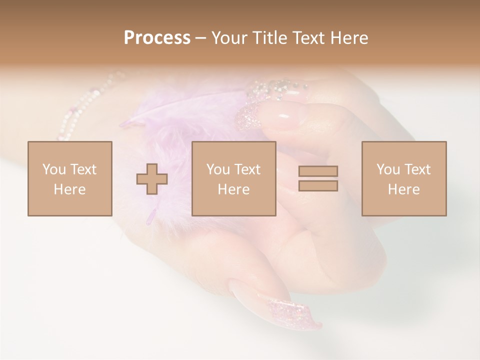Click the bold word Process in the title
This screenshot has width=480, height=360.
[x=157, y=38]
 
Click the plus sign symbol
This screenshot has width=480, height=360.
[x=152, y=179]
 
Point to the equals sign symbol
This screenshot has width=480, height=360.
[x=318, y=178]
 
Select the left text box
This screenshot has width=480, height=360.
[x=70, y=178]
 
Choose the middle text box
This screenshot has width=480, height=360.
[x=233, y=178]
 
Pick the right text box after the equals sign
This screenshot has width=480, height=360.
[x=404, y=178]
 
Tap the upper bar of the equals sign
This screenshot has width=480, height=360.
[x=318, y=171]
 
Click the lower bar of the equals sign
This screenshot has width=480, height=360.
[x=318, y=185]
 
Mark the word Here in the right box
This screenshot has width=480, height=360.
[x=404, y=189]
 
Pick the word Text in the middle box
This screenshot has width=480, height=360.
[x=247, y=169]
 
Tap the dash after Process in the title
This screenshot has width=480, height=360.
[x=200, y=38]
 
